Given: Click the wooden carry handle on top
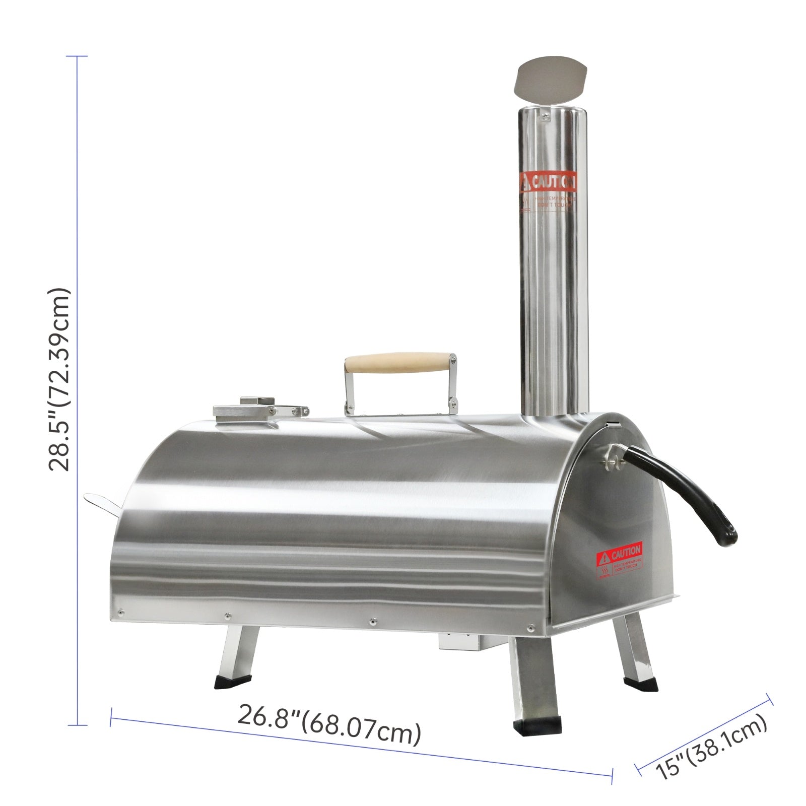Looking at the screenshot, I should pyautogui.click(x=398, y=364).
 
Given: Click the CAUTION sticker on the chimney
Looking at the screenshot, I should pyautogui.click(x=548, y=182).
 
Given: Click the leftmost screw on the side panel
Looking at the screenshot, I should pyautogui.click(x=121, y=613).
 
